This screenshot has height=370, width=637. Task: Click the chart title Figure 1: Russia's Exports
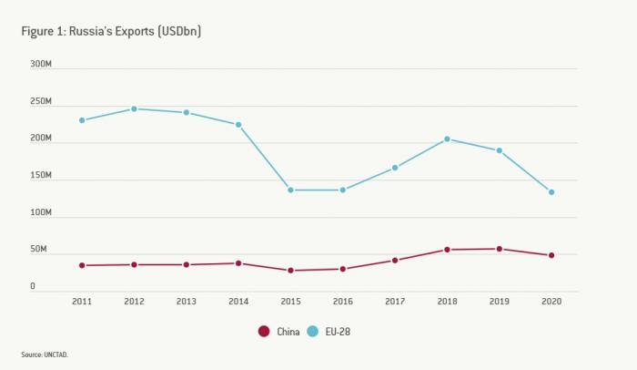click(x=111, y=31)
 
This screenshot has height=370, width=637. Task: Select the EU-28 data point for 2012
click(x=134, y=108)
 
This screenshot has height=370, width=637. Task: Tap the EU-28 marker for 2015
click(x=291, y=190)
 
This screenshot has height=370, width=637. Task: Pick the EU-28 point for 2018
click(x=447, y=139)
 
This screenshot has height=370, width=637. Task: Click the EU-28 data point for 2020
click(x=551, y=192)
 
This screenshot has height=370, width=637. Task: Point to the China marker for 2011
click(x=82, y=265)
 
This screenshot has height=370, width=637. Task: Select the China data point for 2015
click(x=291, y=271)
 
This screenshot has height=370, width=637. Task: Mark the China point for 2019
click(x=500, y=249)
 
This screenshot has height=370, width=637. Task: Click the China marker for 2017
click(x=395, y=260)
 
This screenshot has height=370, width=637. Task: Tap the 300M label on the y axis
click(x=41, y=65)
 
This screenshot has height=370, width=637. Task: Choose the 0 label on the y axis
click(x=33, y=286)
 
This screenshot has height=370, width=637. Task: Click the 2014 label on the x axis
click(x=238, y=302)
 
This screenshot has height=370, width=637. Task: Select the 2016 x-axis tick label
click(x=343, y=302)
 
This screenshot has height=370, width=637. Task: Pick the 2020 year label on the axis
click(x=551, y=302)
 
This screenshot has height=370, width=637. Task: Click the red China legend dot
click(x=264, y=332)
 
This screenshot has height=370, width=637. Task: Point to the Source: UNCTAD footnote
click(x=45, y=355)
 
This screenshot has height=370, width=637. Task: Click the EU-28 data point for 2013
click(x=187, y=113)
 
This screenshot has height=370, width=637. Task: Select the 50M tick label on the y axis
click(x=39, y=250)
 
